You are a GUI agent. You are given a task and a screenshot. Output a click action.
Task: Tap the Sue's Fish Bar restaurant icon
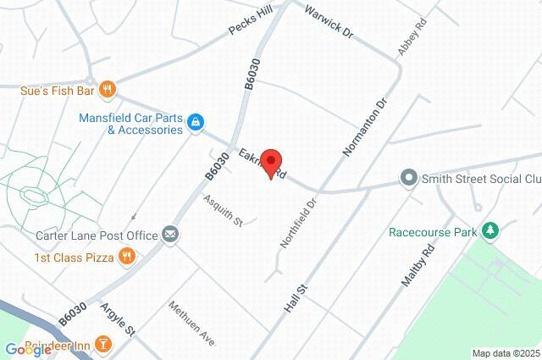107,88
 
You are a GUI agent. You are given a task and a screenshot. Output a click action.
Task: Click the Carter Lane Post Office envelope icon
171,235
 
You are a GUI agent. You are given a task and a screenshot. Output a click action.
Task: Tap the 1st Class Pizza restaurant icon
126,256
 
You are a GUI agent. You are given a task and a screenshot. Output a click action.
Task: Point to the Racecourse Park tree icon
489,231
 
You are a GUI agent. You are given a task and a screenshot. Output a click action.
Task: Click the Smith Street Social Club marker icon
409,179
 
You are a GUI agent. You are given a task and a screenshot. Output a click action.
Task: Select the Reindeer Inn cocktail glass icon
102,343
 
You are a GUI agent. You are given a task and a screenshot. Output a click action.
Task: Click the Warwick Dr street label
328,22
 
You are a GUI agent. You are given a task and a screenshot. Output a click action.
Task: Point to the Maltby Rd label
418,263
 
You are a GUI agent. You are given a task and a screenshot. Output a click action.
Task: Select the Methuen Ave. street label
192,323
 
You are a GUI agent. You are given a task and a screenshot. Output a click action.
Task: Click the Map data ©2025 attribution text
505,353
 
